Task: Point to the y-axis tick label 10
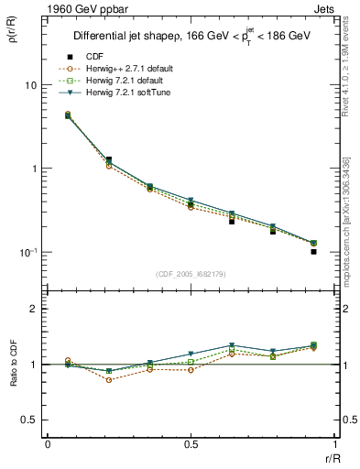(29, 85)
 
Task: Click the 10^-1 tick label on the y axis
(27, 253)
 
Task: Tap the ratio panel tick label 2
(33, 310)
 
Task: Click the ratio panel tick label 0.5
(28, 420)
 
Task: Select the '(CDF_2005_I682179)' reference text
(191, 274)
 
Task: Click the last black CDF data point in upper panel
(313, 251)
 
